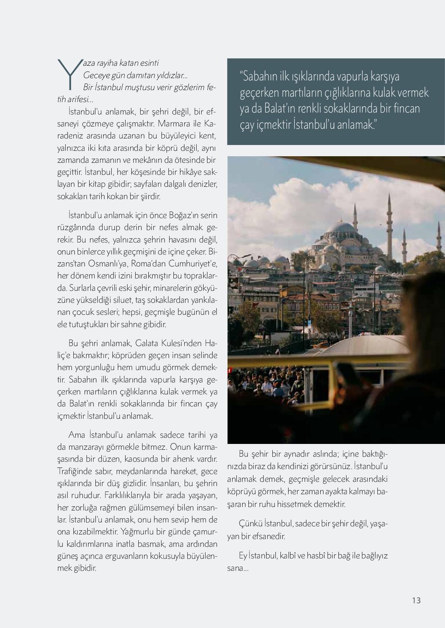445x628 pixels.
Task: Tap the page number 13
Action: pyautogui.click(x=416, y=600)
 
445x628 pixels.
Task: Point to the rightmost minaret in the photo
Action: pyautogui.click(x=439, y=240)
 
